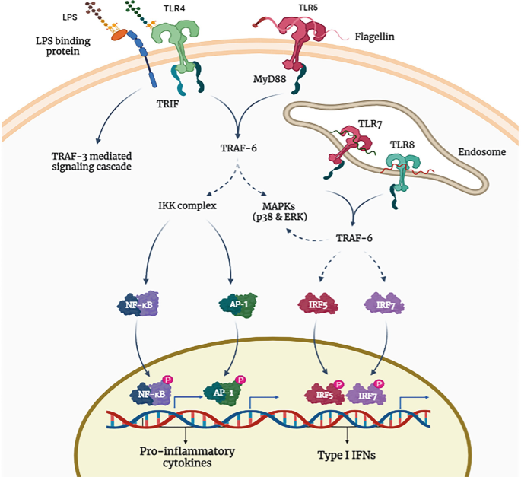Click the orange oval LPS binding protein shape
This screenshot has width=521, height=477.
tap(119, 34)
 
